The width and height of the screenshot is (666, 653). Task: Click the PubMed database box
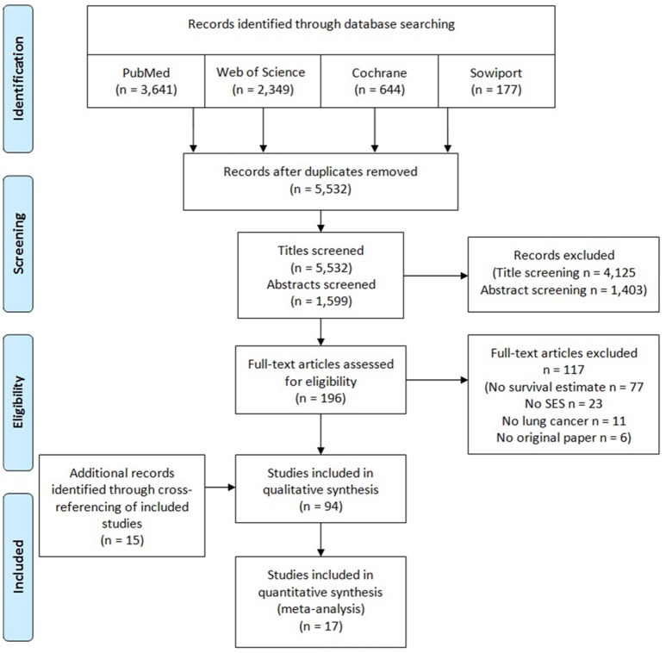click(x=146, y=81)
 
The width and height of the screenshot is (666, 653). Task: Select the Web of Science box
click(x=263, y=81)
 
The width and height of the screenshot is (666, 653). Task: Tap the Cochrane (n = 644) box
click(x=379, y=81)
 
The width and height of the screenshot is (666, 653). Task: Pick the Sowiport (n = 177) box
click(x=496, y=81)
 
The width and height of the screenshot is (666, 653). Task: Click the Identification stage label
click(x=18, y=79)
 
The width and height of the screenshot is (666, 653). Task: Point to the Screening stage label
click(x=18, y=244)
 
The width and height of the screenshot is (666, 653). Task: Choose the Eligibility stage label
click(x=18, y=402)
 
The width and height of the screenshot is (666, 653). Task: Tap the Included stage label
click(x=18, y=567)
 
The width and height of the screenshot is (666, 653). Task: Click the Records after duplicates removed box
click(x=321, y=182)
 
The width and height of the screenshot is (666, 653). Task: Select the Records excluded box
click(x=563, y=274)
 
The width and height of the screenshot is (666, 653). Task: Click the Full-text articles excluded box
click(x=563, y=395)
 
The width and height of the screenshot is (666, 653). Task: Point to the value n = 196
click(x=321, y=398)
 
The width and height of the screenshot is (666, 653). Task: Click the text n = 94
click(x=321, y=507)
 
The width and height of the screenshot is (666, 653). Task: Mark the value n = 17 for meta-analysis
click(x=321, y=626)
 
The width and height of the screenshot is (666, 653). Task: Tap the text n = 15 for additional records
click(x=122, y=540)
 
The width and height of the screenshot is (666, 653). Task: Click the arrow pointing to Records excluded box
click(x=436, y=276)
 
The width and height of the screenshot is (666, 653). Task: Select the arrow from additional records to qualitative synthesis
click(x=220, y=487)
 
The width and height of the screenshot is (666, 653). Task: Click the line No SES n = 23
click(x=563, y=403)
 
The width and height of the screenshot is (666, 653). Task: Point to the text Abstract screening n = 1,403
click(x=563, y=290)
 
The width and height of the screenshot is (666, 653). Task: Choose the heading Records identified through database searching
click(x=321, y=24)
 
